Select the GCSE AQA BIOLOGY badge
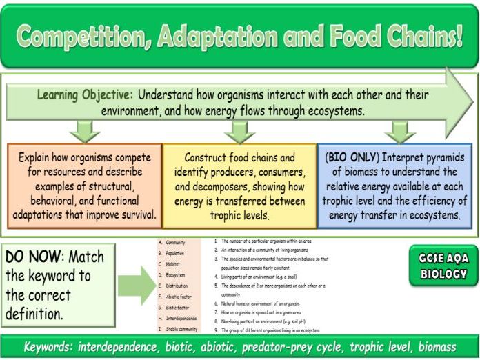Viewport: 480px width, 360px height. (442, 266)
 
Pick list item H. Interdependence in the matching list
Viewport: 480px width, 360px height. (180, 319)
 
